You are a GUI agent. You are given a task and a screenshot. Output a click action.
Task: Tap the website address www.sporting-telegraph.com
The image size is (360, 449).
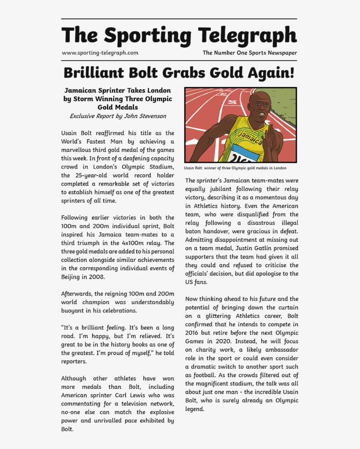click(x=100, y=53)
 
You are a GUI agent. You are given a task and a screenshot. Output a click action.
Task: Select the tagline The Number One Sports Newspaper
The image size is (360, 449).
click(x=249, y=53)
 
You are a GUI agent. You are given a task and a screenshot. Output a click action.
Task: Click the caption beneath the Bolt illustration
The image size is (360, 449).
click(x=235, y=168)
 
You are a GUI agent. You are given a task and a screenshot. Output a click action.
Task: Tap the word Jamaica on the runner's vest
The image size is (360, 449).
click(x=249, y=137)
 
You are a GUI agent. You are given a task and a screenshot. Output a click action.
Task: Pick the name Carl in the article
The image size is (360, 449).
click(x=129, y=395)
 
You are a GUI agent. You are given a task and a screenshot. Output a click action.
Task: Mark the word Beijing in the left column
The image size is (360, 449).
click(x=71, y=277)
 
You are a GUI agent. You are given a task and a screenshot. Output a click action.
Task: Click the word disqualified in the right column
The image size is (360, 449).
click(x=248, y=214)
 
